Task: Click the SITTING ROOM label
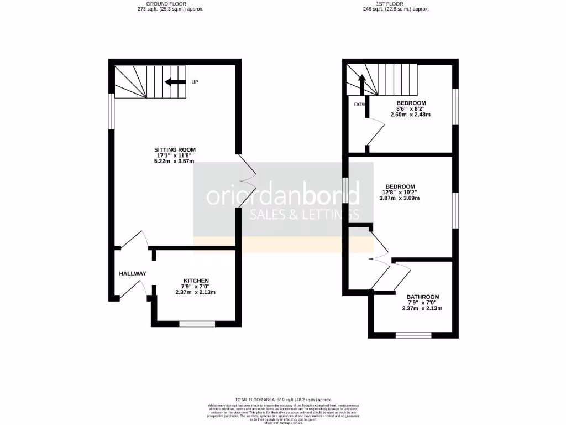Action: click(175, 149)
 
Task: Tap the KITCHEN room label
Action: click(196, 281)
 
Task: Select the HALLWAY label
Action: click(133, 273)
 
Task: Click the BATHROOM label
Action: click(423, 297)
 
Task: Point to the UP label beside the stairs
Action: click(195, 82)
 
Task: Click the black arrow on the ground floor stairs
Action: click(175, 82)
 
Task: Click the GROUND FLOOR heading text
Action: click(170, 4)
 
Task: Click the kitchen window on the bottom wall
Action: click(197, 324)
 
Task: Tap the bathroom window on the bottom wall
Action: click(413, 335)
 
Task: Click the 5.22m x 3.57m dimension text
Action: click(175, 161)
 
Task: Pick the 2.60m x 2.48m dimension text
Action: click(411, 115)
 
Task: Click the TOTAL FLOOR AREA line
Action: click(283, 400)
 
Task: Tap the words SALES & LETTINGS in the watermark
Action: click(305, 215)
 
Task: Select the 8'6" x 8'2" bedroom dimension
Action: click(411, 109)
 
